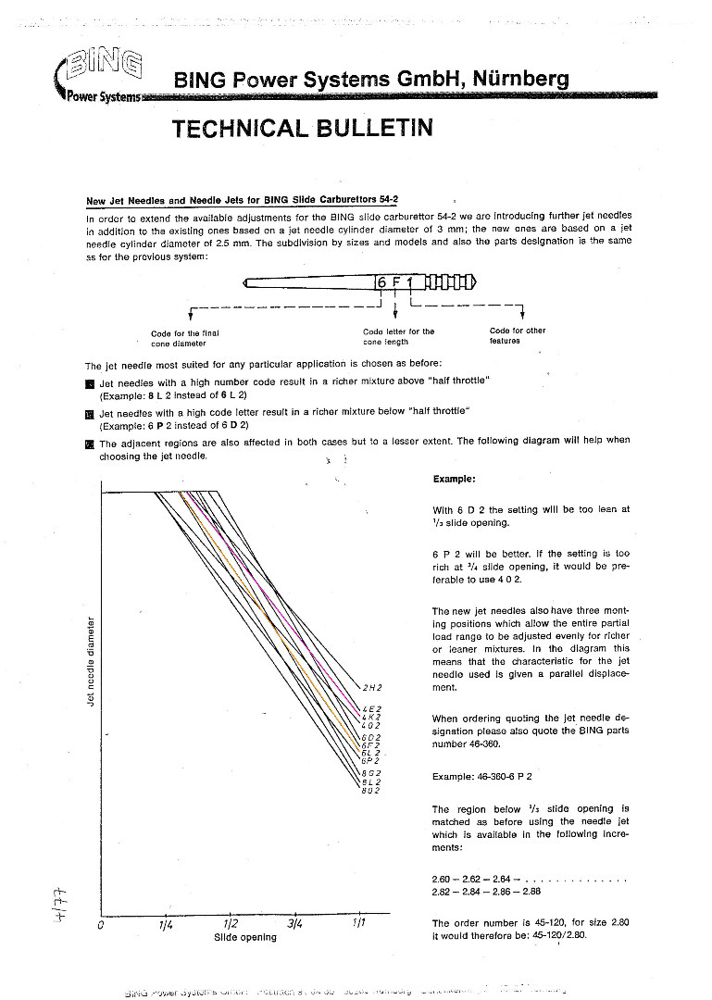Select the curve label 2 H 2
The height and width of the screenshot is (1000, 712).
pos(372,688)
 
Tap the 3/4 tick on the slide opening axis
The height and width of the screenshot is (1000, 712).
pos(295,924)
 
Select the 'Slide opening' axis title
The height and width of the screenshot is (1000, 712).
pos(244,937)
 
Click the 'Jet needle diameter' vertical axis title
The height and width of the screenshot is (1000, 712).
pos(91,660)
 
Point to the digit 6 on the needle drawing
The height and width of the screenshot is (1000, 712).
pos(381,281)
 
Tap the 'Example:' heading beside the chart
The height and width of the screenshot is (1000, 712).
pos(454,479)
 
